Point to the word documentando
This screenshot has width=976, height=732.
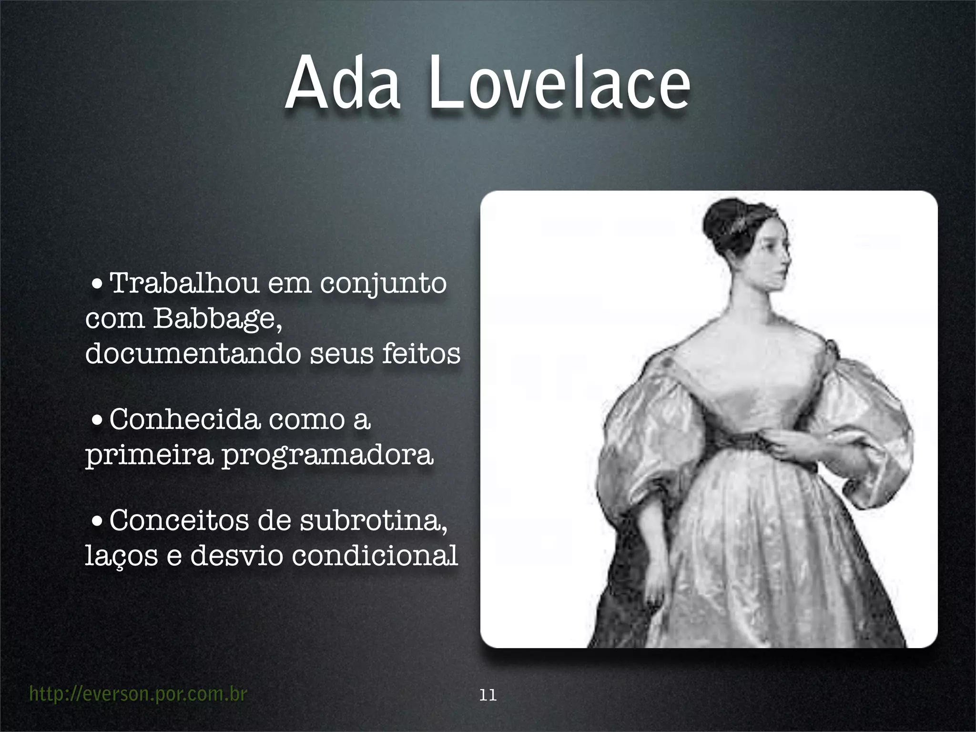[x=193, y=354]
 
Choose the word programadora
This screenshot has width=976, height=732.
[x=328, y=455]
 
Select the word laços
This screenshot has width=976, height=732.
[x=121, y=556]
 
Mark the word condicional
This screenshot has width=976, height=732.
[x=375, y=556]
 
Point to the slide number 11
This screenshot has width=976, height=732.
[x=488, y=695]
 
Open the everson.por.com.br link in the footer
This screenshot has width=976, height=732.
[x=138, y=694]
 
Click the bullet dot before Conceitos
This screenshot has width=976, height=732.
[x=97, y=521]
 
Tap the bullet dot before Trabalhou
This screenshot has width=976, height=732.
[x=97, y=285]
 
